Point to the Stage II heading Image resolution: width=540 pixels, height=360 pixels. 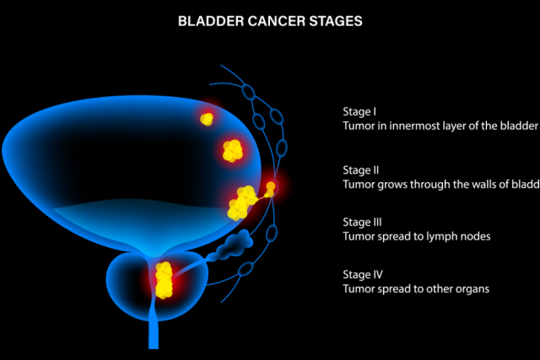coord(361,169)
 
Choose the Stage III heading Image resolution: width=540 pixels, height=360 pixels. coord(363,223)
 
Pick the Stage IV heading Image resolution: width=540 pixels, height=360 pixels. coord(363,275)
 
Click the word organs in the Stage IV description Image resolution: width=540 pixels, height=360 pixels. coord(472,289)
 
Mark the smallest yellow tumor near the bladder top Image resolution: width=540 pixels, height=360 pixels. coord(206,119)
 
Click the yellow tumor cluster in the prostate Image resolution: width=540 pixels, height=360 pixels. coord(164,280)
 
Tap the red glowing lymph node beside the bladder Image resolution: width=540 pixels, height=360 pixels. coord(271,187)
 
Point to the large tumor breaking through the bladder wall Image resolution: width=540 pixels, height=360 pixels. coord(242,201)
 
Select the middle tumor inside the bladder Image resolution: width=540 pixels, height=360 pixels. coord(232,151)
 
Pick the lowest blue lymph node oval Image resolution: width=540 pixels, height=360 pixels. coord(246,271)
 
